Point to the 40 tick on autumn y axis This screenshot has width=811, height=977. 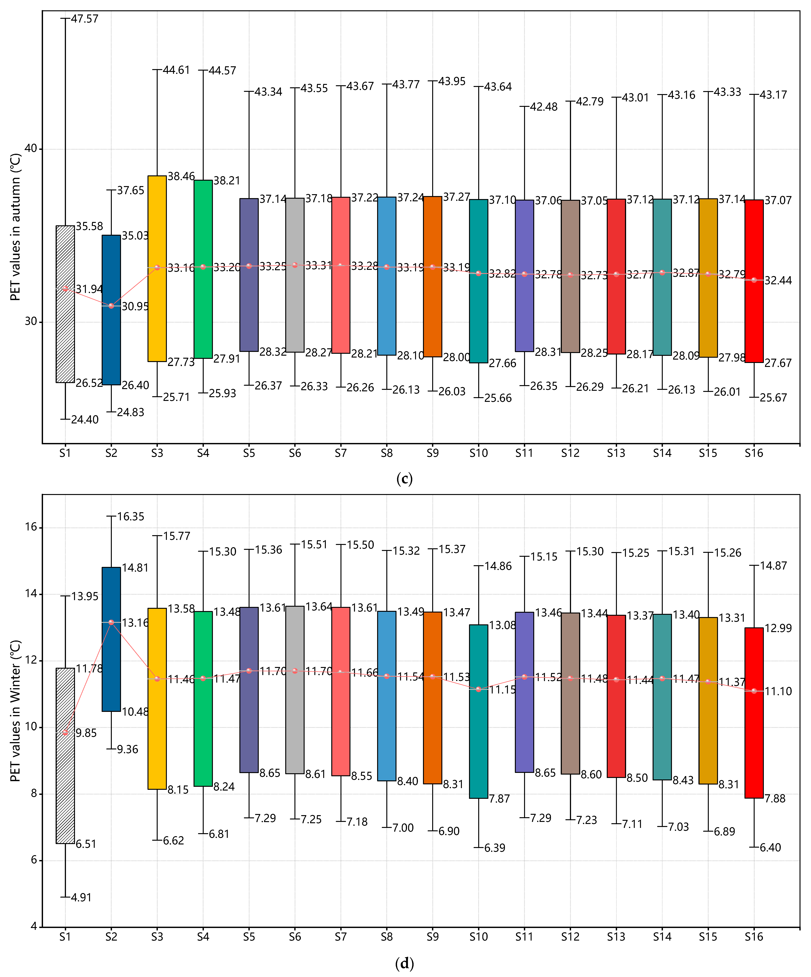point(31,149)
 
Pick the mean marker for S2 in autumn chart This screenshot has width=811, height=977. point(111,306)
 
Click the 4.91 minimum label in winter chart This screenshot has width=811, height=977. point(82,897)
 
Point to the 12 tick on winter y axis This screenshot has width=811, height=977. point(31,661)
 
